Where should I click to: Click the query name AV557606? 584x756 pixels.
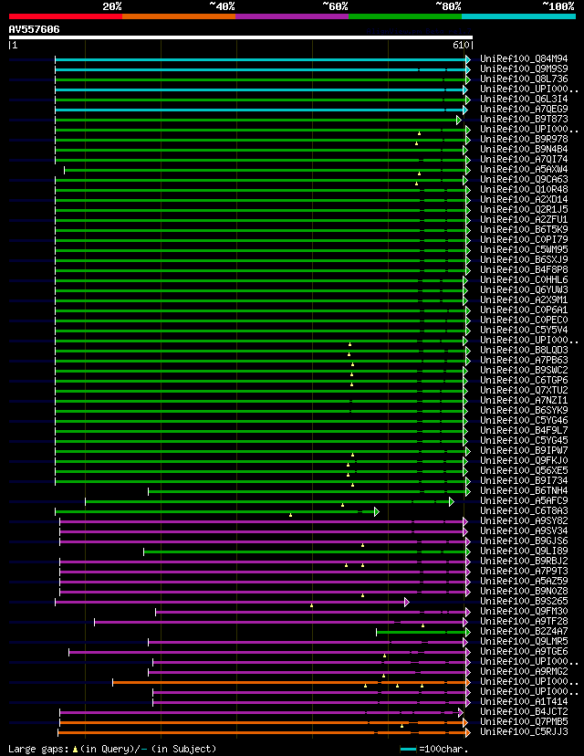click(35, 29)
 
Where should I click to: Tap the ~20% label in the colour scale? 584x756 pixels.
click(112, 5)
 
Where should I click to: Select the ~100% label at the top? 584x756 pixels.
click(558, 5)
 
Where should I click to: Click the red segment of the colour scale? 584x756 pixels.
click(65, 16)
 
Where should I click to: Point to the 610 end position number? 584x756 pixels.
click(461, 45)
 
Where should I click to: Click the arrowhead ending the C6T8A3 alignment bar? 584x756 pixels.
click(376, 511)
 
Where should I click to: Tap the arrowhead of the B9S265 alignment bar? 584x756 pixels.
click(407, 602)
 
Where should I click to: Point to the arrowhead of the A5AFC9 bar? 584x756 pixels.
click(451, 501)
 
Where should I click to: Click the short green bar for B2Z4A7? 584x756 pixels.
click(420, 632)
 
